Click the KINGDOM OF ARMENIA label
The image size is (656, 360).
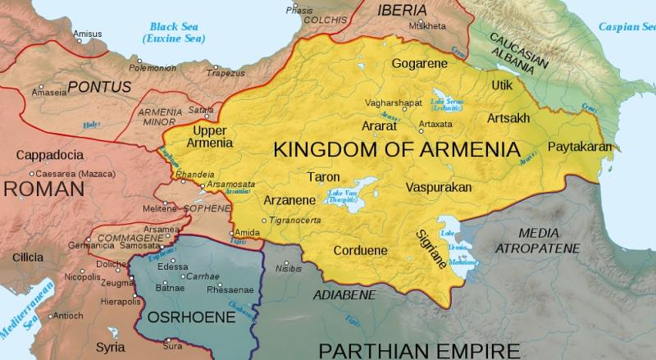point(398,151)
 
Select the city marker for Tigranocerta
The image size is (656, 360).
point(263,221)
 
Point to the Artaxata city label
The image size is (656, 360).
point(435,124)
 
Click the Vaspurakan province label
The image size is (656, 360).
point(439,188)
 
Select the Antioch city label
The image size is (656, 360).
point(69,316)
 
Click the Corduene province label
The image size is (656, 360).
point(360,251)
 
